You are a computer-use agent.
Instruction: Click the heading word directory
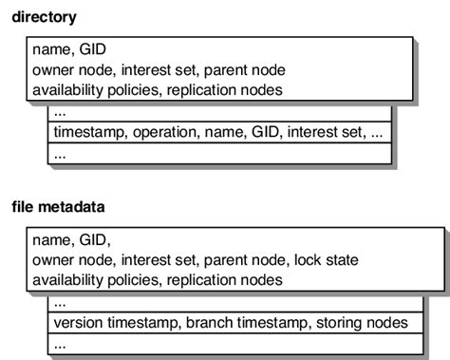click(45, 17)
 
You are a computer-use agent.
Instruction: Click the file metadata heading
click(60, 206)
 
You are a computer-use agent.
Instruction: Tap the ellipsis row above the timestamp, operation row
click(60, 112)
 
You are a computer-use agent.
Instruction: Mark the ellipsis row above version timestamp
click(60, 303)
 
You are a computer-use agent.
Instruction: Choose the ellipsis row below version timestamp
click(60, 343)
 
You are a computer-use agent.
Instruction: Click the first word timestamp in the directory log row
click(87, 132)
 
